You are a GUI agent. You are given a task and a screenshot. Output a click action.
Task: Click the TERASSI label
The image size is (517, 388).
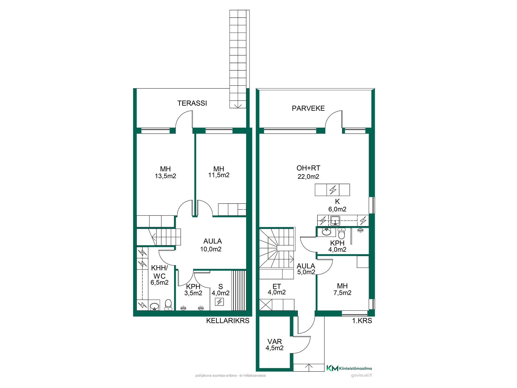click(x=192, y=103)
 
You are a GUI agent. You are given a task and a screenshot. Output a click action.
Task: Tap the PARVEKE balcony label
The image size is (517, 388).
click(x=308, y=108)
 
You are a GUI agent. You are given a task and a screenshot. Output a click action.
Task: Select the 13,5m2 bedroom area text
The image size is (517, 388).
click(x=165, y=176)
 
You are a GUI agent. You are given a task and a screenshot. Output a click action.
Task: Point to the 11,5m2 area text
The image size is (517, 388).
click(x=219, y=175)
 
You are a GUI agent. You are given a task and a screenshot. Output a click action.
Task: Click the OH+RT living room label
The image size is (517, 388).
click(x=308, y=168)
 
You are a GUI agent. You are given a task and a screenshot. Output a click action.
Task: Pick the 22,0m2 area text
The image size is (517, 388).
click(x=308, y=177)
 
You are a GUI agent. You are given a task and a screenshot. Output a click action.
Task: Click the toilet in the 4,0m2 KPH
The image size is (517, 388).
click(x=341, y=233)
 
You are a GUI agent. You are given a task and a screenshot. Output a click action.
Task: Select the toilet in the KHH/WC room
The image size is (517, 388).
click(x=168, y=305)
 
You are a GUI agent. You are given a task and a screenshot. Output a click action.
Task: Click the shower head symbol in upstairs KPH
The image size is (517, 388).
click(x=360, y=230)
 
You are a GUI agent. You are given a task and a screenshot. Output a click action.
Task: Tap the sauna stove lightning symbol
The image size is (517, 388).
click(x=219, y=302)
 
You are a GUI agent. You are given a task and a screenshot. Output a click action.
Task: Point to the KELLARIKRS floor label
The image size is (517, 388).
click(x=228, y=321)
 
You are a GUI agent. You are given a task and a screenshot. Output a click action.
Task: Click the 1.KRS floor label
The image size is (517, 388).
click(x=362, y=321)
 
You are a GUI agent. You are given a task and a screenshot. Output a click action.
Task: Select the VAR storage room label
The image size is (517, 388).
click(x=275, y=342)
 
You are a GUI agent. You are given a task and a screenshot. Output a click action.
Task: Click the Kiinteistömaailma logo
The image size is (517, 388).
click(x=349, y=368)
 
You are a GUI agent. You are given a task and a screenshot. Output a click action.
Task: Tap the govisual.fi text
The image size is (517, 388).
click(x=361, y=375)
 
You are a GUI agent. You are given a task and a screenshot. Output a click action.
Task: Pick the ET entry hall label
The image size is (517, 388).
click(x=277, y=287)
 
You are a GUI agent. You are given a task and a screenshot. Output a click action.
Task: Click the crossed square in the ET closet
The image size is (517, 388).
click(x=266, y=305)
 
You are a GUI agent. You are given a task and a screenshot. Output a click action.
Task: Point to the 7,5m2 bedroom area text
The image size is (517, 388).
click(x=342, y=293)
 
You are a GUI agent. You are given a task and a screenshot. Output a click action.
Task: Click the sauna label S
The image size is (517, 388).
click(x=221, y=287)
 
